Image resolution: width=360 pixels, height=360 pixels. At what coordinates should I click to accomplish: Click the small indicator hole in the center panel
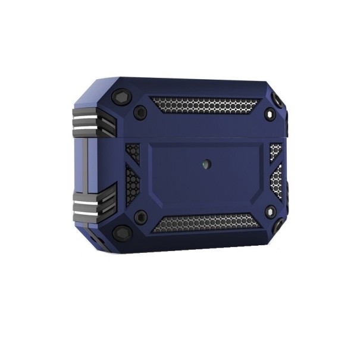pos(206,162)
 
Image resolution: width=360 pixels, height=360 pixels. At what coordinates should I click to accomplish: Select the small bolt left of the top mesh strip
pos(141,111)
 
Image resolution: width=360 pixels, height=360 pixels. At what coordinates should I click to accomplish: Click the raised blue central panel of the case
pos(206,179)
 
